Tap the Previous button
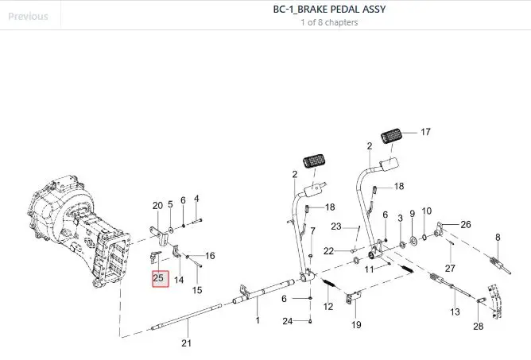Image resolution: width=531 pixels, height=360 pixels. click(x=28, y=16)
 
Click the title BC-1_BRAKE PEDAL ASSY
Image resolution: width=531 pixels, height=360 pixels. click(x=329, y=10)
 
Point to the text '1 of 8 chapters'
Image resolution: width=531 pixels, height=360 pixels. click(x=329, y=22)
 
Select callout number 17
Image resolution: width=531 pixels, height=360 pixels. click(x=425, y=132)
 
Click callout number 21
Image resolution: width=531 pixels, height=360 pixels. click(x=186, y=343)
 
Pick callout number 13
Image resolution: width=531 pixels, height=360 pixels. click(x=455, y=312)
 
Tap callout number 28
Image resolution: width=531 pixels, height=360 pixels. click(x=479, y=326)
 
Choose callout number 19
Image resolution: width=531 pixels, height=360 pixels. click(x=356, y=325)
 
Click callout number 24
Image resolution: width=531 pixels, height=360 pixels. click(x=288, y=321)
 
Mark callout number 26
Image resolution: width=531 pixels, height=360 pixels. click(x=466, y=224)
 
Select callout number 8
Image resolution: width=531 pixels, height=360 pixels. click(x=498, y=238)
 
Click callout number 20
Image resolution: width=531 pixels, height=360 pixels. click(x=157, y=206)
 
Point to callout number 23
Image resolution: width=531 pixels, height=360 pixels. click(x=336, y=226)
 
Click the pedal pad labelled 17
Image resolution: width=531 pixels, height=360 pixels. click(x=391, y=136)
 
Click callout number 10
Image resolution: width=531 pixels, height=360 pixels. click(x=427, y=211)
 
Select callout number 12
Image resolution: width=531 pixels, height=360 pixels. click(x=328, y=307)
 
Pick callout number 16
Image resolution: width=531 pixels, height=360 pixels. click(x=210, y=256)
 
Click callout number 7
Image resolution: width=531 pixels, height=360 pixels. click(x=312, y=231)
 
